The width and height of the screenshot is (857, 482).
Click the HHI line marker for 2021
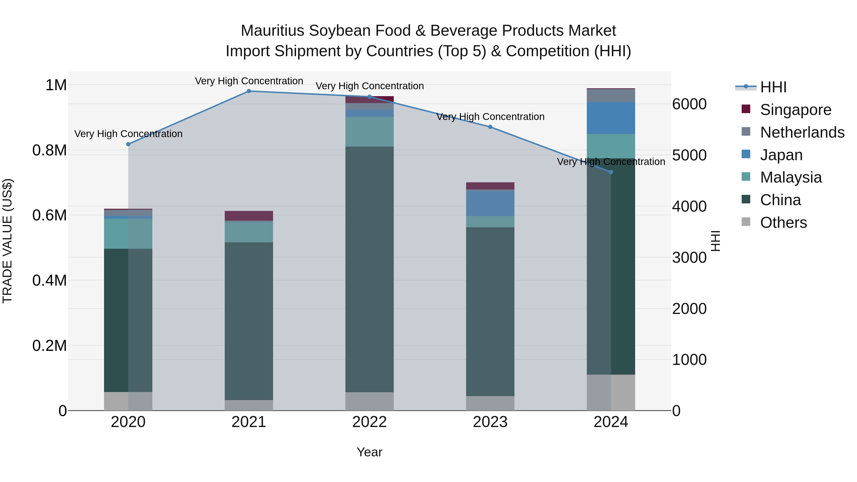click(x=249, y=91)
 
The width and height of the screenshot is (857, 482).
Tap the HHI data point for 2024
click(x=611, y=172)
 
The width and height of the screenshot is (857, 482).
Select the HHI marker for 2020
click(x=128, y=144)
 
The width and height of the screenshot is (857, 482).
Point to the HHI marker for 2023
click(x=490, y=127)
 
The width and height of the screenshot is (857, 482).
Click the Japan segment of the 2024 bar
click(x=611, y=118)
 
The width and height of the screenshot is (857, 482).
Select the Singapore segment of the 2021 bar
click(x=249, y=216)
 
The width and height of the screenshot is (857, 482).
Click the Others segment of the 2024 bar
click(x=611, y=393)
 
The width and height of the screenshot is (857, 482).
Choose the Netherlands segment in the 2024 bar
click(x=611, y=96)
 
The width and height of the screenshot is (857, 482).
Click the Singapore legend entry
click(x=795, y=110)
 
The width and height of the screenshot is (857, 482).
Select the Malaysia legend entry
click(x=791, y=177)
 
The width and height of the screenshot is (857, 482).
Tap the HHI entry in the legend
click(x=773, y=87)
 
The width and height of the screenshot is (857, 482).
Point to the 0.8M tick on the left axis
click(x=50, y=150)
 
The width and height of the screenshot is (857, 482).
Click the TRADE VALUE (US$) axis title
click(x=7, y=241)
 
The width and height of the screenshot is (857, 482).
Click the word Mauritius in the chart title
click(x=272, y=31)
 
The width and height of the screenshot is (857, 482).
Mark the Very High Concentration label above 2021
click(x=249, y=81)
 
